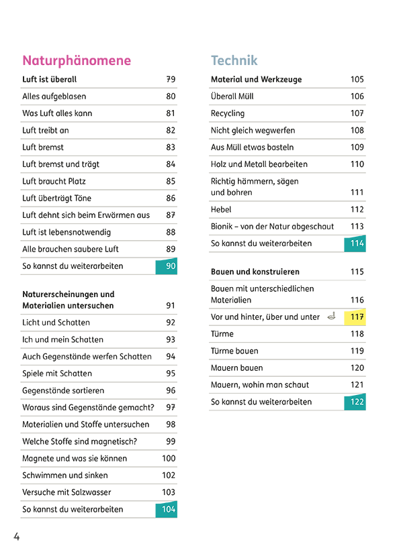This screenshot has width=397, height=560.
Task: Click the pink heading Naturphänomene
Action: tap(77, 61)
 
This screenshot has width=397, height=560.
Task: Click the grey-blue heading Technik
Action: tap(234, 60)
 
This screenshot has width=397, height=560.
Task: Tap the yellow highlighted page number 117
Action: tap(355, 317)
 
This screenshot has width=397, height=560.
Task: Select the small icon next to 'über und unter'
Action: tap(332, 316)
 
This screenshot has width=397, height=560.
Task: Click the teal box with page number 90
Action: tap(167, 266)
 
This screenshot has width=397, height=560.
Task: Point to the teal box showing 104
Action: tap(167, 509)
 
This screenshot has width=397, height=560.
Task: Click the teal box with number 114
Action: tap(355, 243)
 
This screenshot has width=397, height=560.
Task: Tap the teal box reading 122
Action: tap(355, 402)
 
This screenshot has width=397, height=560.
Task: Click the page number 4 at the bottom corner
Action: tap(16, 537)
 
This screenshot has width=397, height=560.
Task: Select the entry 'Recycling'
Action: tap(228, 113)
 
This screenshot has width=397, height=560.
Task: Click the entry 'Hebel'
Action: tap(221, 209)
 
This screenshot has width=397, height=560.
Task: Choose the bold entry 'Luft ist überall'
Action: tap(49, 79)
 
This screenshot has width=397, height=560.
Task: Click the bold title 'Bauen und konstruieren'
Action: tap(255, 272)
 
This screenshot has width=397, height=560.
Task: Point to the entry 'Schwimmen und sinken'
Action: tap(64, 475)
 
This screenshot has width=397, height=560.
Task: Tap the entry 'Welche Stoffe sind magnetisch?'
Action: tap(79, 442)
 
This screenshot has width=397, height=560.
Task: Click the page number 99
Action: tap(171, 441)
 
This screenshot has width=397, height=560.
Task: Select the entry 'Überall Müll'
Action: tap(232, 97)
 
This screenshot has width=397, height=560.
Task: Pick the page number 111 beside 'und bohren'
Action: tap(357, 192)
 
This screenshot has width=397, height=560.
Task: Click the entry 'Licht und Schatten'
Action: tap(56, 323)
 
